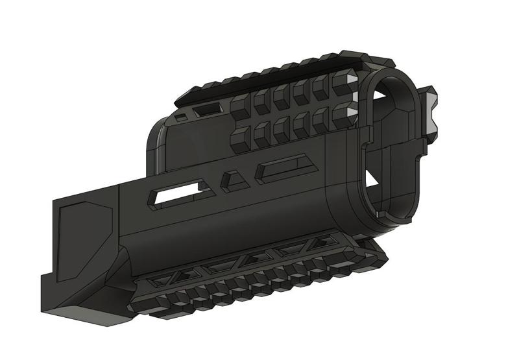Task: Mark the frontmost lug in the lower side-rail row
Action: (344, 117)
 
